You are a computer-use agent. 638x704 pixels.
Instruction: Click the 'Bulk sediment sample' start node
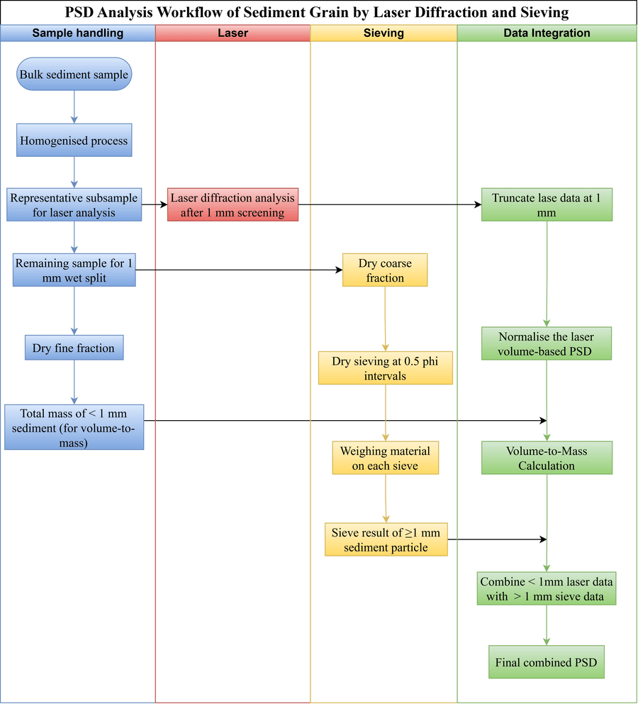pos(74,74)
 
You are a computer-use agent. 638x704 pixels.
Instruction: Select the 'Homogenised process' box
pos(74,141)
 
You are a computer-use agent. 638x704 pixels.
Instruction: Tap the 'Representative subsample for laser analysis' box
pos(74,204)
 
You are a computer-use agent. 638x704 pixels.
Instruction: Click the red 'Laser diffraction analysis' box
pos(233,204)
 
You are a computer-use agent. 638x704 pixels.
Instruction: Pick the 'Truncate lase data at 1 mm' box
pos(547,204)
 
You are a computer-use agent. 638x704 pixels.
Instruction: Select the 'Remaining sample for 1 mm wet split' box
pos(74,270)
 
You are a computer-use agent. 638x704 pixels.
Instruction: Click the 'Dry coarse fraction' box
pos(385,270)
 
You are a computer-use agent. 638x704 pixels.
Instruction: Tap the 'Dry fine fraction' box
pos(74,348)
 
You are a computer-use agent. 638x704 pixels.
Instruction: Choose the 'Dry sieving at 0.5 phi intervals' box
pos(385,368)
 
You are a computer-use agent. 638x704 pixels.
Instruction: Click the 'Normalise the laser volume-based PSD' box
pos(547,343)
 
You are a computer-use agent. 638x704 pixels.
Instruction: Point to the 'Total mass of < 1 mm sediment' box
pos(74,427)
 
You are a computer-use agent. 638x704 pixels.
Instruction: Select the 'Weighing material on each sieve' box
pos(385,458)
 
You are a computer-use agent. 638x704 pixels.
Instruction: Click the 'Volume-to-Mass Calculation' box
pos(547,458)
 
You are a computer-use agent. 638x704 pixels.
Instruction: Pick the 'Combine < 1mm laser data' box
pos(547,588)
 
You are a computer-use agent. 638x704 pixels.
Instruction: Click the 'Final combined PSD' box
pos(547,663)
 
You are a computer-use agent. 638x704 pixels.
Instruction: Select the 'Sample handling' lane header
pos(78,33)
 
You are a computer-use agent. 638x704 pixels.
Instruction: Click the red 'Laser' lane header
pos(233,33)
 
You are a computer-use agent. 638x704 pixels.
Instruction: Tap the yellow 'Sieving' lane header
pos(384,33)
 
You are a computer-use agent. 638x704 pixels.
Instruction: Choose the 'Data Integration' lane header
pos(547,33)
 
